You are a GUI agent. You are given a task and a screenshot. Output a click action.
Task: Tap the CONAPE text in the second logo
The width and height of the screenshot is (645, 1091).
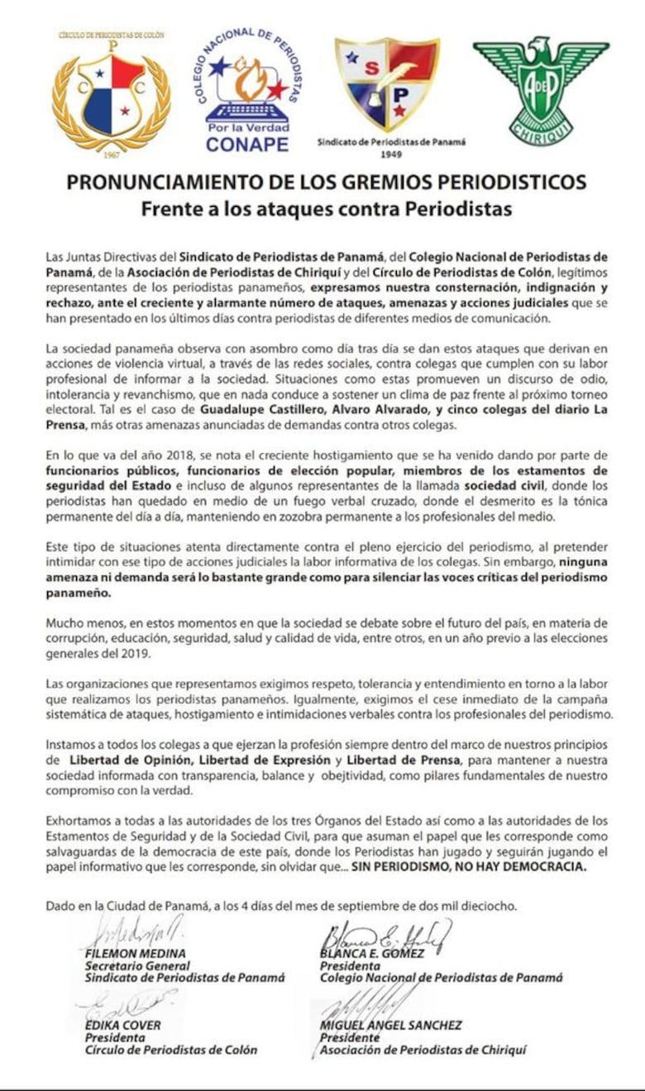coord(247,144)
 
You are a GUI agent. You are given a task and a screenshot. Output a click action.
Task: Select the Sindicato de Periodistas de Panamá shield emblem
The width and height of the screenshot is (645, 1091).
coord(387,83)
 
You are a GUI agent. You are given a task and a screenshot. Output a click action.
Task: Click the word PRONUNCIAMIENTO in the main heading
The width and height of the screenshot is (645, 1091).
coord(178,182)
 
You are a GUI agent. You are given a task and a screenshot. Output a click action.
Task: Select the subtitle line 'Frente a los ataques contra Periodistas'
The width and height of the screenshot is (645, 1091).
coord(326,208)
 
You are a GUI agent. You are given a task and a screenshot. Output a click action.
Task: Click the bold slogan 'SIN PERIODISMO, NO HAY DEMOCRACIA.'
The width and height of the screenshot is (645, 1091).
coord(469,868)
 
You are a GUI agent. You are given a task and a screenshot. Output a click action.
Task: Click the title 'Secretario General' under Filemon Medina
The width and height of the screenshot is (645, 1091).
coord(137,965)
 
